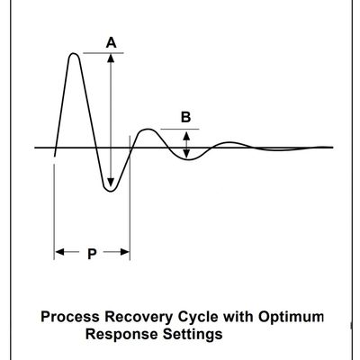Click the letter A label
pyautogui.click(x=111, y=42)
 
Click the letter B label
pyautogui.click(x=185, y=117)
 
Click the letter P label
pyautogui.click(x=92, y=254)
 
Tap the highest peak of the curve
pyautogui.click(x=74, y=54)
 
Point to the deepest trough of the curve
pyautogui.click(x=111, y=191)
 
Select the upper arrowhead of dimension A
pyautogui.click(x=111, y=58)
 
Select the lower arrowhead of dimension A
pyautogui.click(x=111, y=183)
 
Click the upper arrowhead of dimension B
pyautogui.click(x=186, y=136)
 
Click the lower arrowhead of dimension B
pyautogui.click(x=186, y=154)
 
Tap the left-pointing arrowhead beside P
pyautogui.click(x=59, y=252)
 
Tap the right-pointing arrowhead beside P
pyautogui.click(x=125, y=252)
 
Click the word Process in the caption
pyautogui.click(x=70, y=317)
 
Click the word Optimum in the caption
pyautogui.click(x=292, y=318)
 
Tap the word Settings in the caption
pyautogui.click(x=193, y=335)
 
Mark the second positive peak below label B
pyautogui.click(x=148, y=130)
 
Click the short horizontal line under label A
pyautogui.click(x=103, y=53)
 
